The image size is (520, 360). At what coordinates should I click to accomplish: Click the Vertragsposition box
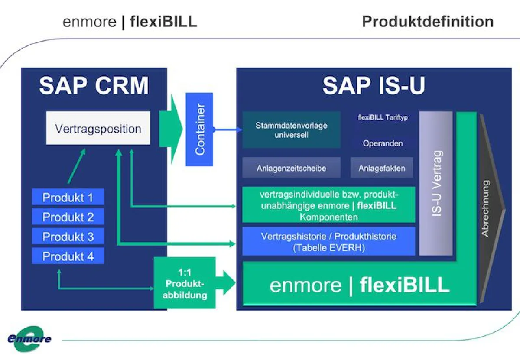(98, 128)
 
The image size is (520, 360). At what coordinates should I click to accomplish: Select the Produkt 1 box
(68, 198)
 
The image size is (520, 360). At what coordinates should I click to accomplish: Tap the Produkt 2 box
(68, 217)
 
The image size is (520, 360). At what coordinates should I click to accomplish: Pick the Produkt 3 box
(68, 237)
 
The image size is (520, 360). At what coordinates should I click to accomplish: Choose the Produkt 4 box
(68, 256)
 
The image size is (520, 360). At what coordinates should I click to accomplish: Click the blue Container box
(199, 129)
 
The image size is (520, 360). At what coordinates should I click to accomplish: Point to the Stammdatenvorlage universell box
(291, 130)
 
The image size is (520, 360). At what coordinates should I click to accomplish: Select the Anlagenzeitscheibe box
(291, 168)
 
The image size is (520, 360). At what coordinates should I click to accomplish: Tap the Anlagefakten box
(382, 168)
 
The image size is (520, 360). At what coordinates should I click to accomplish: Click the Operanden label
(382, 143)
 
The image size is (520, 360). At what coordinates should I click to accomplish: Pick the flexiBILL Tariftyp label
(383, 117)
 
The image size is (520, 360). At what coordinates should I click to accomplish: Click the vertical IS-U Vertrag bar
(436, 183)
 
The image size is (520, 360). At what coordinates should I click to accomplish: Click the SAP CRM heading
(94, 86)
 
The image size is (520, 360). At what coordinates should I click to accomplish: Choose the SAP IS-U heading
(374, 86)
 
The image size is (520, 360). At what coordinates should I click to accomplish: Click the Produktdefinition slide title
(427, 22)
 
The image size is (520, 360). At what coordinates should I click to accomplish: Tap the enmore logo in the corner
(29, 338)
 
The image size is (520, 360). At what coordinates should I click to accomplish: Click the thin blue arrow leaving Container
(227, 129)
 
